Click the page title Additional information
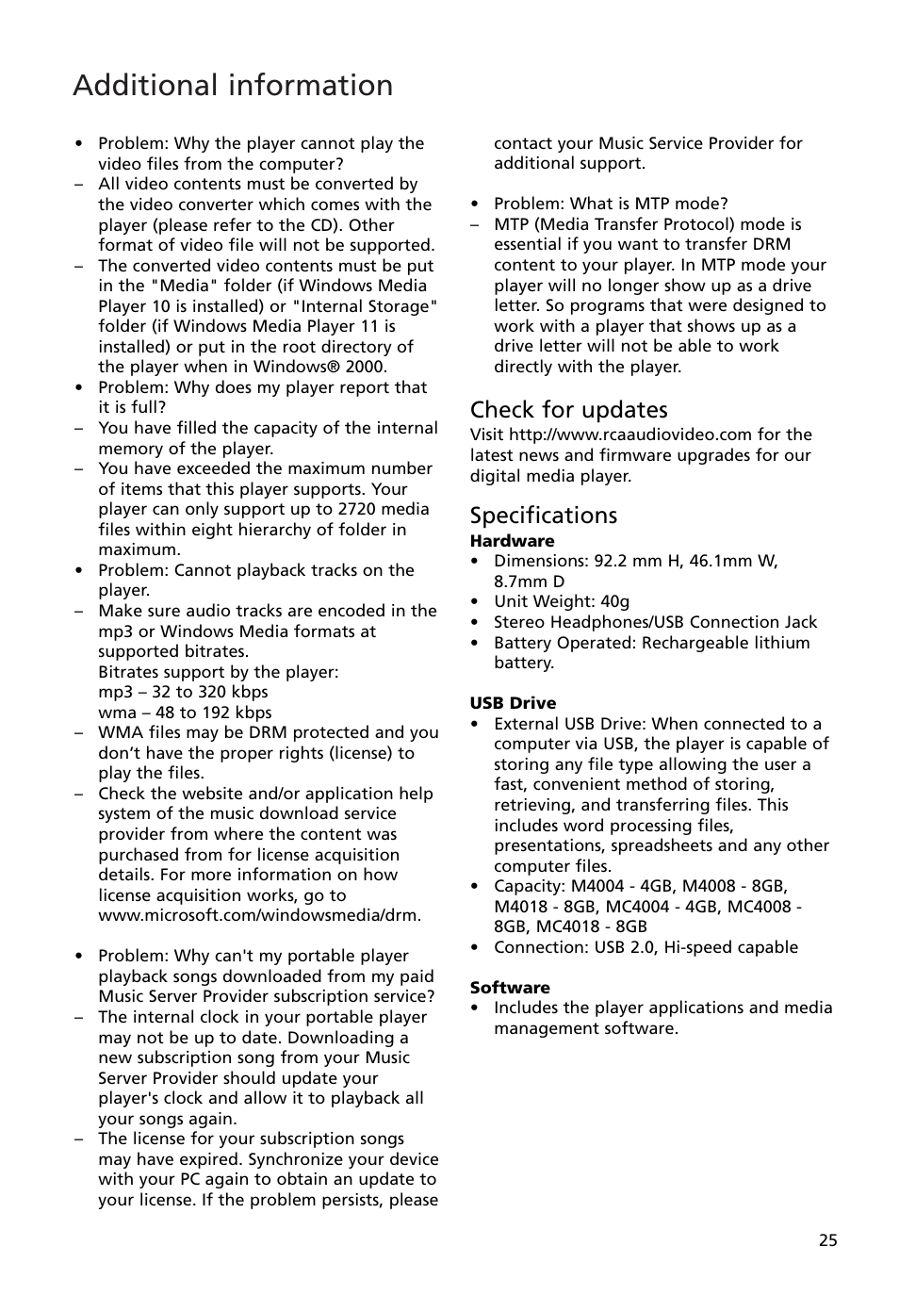tap(233, 85)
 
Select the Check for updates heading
tap(568, 409)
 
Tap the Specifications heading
tap(544, 515)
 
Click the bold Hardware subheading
tap(512, 541)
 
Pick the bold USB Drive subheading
tap(513, 703)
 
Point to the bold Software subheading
tap(510, 988)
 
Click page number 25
tap(827, 1240)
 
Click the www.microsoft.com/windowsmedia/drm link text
tap(259, 915)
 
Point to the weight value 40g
tap(614, 601)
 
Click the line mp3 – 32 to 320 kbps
tap(183, 693)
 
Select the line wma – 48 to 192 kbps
tap(185, 713)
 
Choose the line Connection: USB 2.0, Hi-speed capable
tap(646, 947)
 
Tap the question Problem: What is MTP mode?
tap(611, 204)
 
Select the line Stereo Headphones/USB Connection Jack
tap(655, 622)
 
